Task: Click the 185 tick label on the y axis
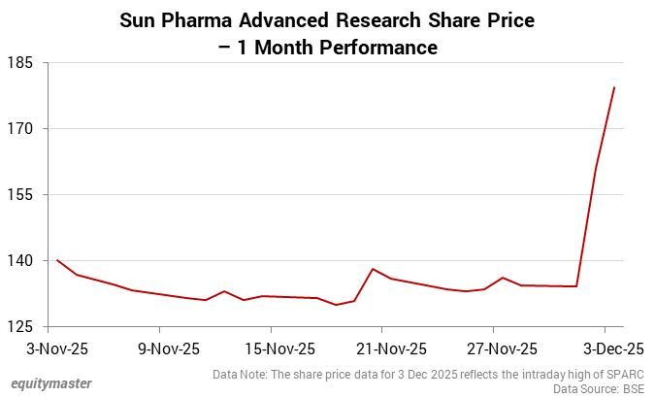tap(21, 63)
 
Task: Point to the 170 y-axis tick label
tap(21, 129)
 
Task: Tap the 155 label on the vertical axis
tap(21, 195)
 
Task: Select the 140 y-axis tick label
tap(21, 261)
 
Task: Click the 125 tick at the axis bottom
tap(21, 327)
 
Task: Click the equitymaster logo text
tap(51, 383)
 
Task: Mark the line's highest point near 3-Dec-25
tap(614, 87)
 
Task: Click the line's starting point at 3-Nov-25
tap(57, 260)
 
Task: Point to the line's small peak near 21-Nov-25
tap(374, 269)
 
